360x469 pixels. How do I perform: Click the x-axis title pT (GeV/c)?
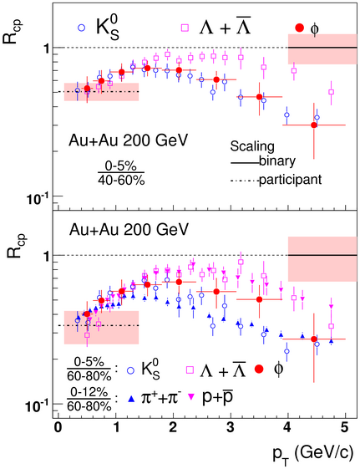pos(312,454)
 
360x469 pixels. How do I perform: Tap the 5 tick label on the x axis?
pos(344,428)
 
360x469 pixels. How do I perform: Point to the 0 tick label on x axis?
pos(58,428)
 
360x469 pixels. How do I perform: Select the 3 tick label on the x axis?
pos(230,428)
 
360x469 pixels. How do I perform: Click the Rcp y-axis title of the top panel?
pos(12,32)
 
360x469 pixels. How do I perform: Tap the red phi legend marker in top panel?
pos(299,28)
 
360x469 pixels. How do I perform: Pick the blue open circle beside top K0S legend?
pos(81,28)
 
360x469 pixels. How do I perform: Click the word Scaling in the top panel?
pos(252,146)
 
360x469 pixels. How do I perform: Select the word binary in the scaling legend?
pos(277,161)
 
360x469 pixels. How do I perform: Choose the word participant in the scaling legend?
pos(290,180)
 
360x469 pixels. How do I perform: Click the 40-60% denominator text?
pos(121,180)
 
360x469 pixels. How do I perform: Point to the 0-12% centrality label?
pos(89,392)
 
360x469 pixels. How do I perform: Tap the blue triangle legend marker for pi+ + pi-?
pos(131,398)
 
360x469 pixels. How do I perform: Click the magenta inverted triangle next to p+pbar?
pos(191,396)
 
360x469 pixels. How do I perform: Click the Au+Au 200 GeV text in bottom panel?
pos(129,230)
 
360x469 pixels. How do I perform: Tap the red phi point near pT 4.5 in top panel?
pos(314,125)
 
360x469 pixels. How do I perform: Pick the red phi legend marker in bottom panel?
pos(259,370)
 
